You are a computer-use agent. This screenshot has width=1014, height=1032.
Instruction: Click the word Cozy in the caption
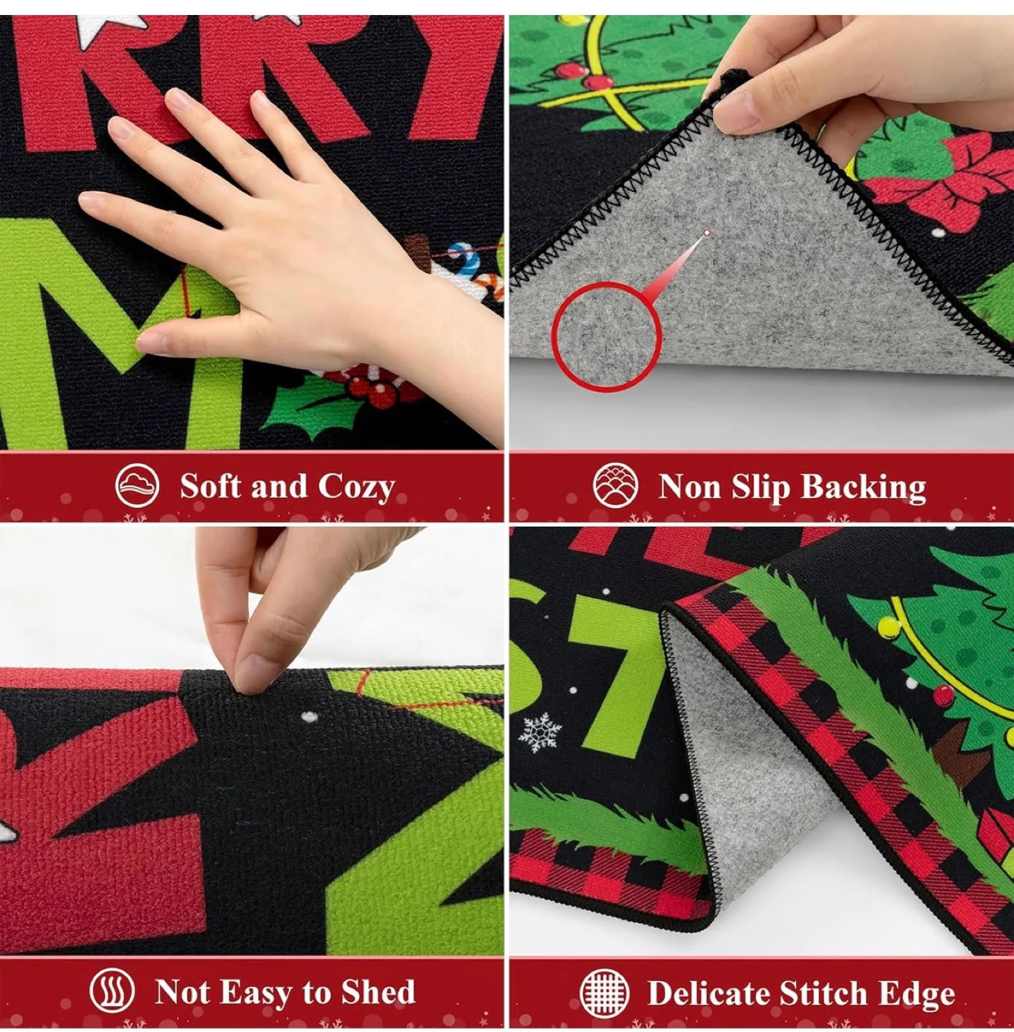click(356, 487)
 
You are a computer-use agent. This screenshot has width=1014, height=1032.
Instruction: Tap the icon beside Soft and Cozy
click(137, 486)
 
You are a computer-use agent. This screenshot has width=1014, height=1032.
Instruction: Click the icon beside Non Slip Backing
click(615, 486)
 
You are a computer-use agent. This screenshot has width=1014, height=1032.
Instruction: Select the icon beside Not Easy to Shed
click(112, 993)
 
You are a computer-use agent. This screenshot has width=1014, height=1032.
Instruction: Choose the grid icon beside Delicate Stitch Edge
click(605, 993)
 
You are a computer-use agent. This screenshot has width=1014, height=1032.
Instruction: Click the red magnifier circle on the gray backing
click(607, 336)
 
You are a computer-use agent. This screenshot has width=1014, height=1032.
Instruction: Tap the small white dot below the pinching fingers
click(309, 716)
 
